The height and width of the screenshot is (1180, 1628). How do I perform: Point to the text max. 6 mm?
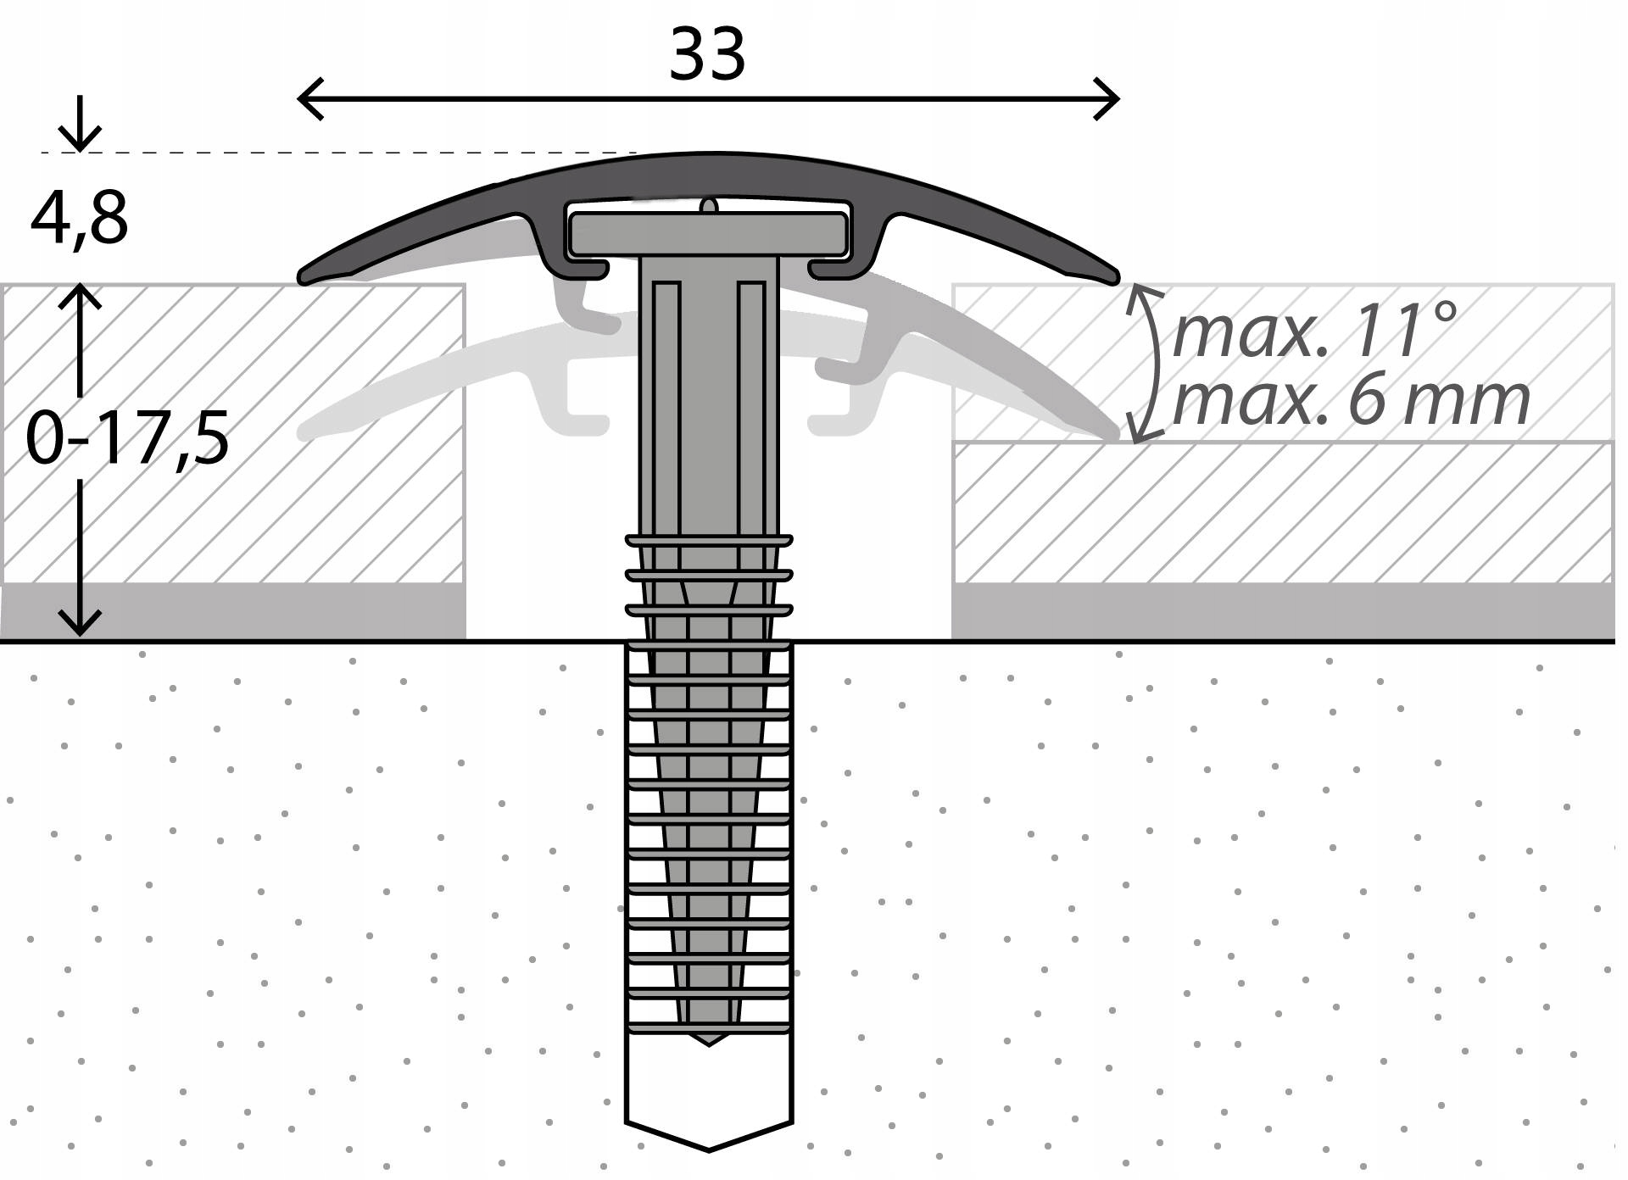[1350, 401]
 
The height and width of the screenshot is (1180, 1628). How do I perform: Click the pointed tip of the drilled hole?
[709, 1149]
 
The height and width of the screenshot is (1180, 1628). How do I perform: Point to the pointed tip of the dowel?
[709, 1041]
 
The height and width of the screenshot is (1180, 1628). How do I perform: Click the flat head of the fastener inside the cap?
[708, 234]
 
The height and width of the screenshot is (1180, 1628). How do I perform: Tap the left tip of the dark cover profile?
[304, 276]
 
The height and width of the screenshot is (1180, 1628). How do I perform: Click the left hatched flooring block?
[233, 432]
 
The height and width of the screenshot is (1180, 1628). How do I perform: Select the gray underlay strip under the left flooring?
[233, 610]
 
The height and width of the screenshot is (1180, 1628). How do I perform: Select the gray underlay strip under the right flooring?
[1280, 610]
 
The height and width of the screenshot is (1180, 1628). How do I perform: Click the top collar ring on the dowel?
[709, 539]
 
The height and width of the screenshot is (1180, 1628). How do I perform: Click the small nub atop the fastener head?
[709, 206]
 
